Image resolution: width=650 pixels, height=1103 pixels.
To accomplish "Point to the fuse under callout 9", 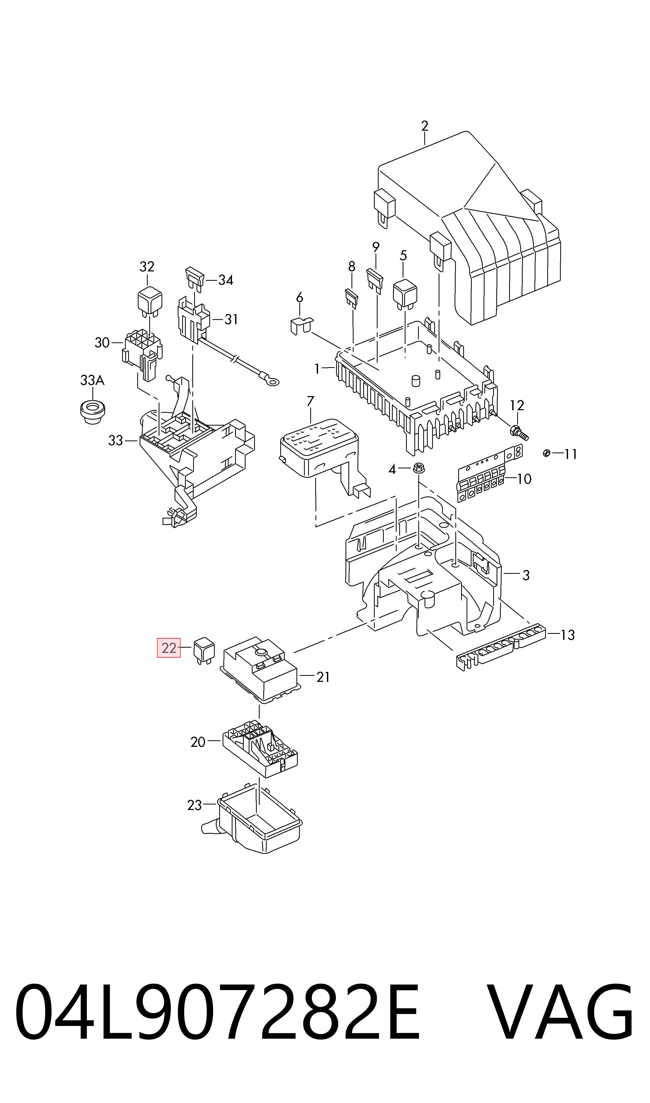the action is click(374, 280).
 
